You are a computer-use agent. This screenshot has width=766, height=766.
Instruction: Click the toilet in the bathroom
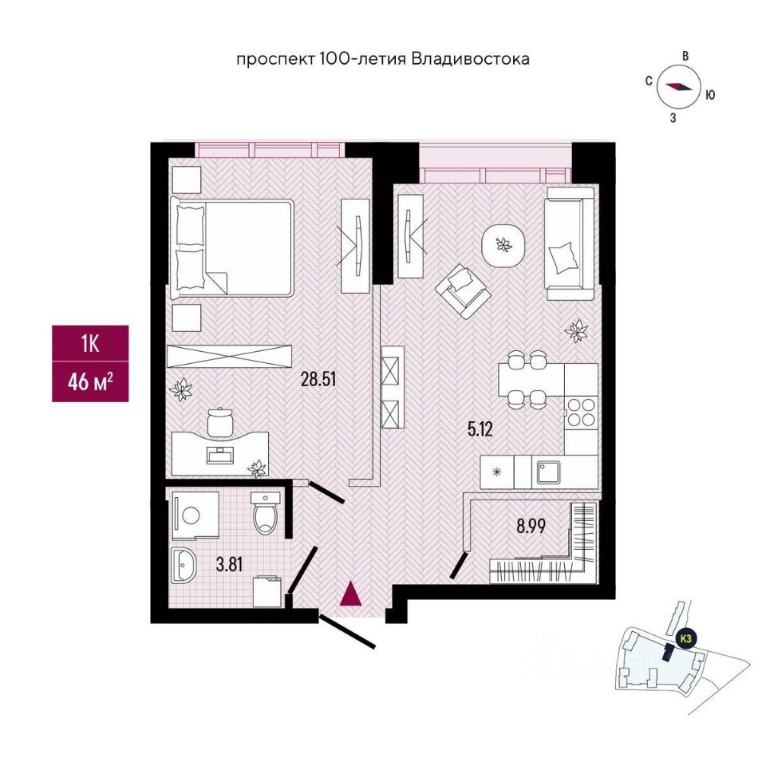265,515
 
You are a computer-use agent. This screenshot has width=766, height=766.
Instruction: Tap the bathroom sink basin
186,567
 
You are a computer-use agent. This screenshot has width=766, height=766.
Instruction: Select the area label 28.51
318,379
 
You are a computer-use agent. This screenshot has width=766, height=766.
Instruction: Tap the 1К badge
89,344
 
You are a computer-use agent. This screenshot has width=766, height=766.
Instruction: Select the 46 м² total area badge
89,381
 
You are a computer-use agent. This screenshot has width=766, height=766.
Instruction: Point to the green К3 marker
685,638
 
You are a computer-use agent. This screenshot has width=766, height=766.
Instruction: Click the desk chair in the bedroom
219,420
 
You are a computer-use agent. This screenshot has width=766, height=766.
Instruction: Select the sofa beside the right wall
570,243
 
